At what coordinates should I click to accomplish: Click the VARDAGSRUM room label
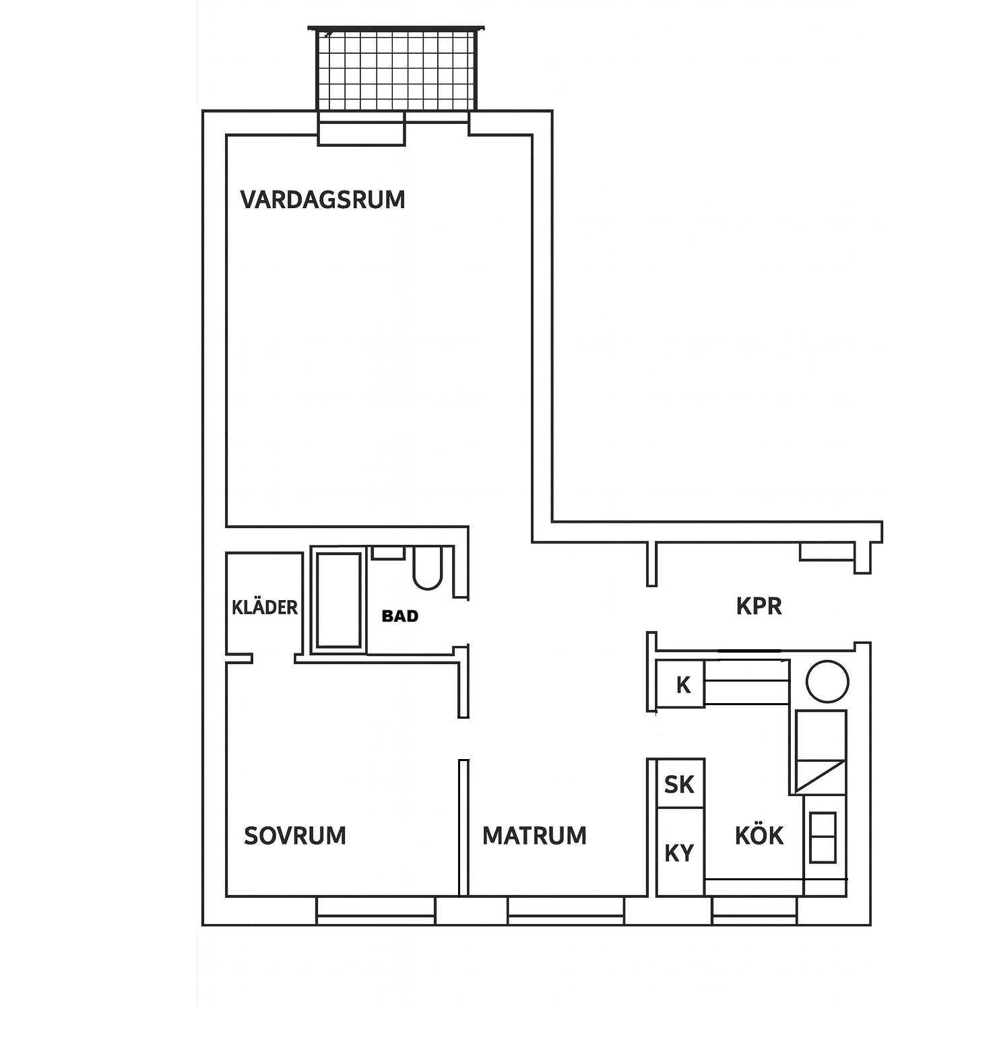(x=323, y=200)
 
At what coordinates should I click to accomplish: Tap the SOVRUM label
(x=295, y=836)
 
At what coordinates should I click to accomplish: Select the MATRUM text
(x=534, y=836)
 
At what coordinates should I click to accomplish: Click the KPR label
(x=759, y=606)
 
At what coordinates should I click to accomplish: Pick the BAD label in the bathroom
(x=400, y=616)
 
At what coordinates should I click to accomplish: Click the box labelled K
(x=680, y=684)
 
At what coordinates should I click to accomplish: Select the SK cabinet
(x=680, y=783)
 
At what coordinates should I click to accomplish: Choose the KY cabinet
(x=680, y=853)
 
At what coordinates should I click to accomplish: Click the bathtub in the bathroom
(x=339, y=600)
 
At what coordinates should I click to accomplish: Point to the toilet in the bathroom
(x=427, y=568)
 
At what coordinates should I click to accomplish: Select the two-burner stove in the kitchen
(x=823, y=837)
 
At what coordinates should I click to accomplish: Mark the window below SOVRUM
(x=376, y=911)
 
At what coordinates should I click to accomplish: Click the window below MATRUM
(x=566, y=911)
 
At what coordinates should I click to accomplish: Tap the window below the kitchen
(x=755, y=911)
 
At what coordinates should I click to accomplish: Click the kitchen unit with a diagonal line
(x=821, y=752)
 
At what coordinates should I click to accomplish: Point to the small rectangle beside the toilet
(x=388, y=552)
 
